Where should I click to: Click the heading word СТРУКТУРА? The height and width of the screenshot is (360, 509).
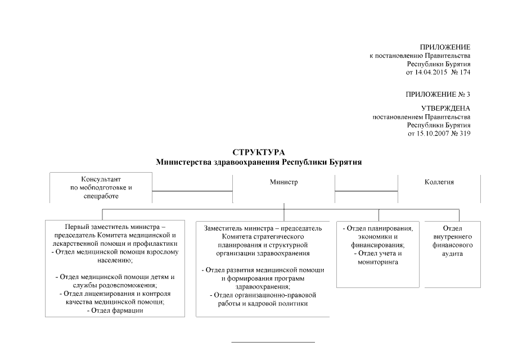point(259,152)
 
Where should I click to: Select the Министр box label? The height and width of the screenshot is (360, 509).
point(283,182)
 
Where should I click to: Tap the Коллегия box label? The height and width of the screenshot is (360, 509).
point(439,182)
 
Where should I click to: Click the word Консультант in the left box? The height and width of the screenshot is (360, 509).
point(101,179)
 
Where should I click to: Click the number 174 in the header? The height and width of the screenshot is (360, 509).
point(465,73)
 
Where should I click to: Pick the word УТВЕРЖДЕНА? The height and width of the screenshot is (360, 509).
point(445,108)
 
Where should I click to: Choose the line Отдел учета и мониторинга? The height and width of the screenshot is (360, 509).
point(378,258)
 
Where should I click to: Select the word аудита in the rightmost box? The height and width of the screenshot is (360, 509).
point(452,254)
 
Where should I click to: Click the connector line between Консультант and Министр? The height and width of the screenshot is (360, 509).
point(192,191)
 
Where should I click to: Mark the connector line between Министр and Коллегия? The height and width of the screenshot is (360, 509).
point(366,191)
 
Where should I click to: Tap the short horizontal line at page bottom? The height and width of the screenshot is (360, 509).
point(273,342)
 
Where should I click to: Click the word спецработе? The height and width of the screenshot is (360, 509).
point(101,196)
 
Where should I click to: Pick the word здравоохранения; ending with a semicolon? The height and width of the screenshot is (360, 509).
point(263,286)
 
